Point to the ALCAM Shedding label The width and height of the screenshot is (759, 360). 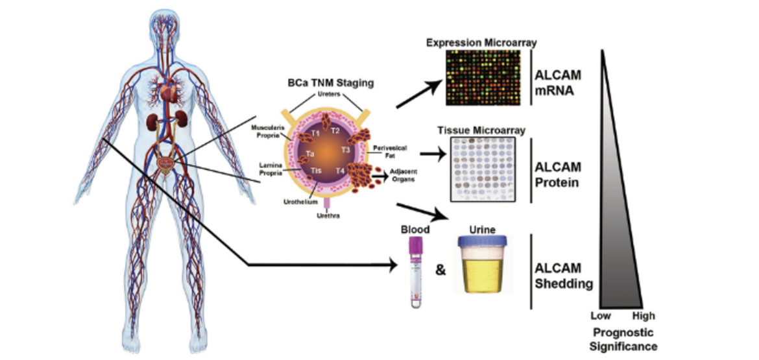click(x=562, y=275)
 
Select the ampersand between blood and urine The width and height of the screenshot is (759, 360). click(x=440, y=269)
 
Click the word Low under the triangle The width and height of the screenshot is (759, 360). click(x=600, y=317)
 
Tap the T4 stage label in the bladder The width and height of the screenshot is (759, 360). click(x=341, y=171)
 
